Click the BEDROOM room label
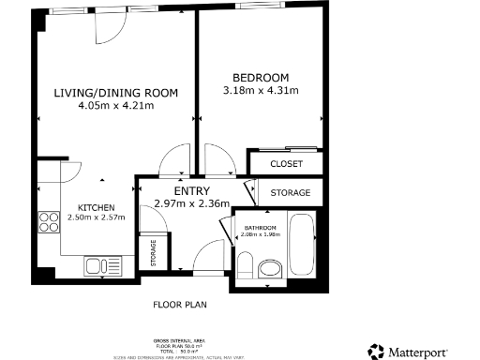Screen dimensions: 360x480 tap(260, 77)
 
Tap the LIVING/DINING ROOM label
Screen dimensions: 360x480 tap(116, 92)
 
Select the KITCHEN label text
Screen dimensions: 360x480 tap(96, 207)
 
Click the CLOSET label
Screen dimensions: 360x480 tap(286, 164)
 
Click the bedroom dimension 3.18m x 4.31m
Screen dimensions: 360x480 tap(260, 91)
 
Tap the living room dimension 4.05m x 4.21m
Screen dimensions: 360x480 tap(116, 106)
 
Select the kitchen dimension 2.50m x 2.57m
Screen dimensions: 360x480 tap(96, 218)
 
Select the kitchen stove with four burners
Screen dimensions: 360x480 tap(49, 222)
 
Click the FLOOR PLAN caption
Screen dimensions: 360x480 tap(179, 305)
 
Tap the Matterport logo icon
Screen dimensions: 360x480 tap(377, 352)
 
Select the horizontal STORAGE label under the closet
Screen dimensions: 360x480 tap(290, 192)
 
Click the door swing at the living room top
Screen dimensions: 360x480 tap(107, 31)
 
